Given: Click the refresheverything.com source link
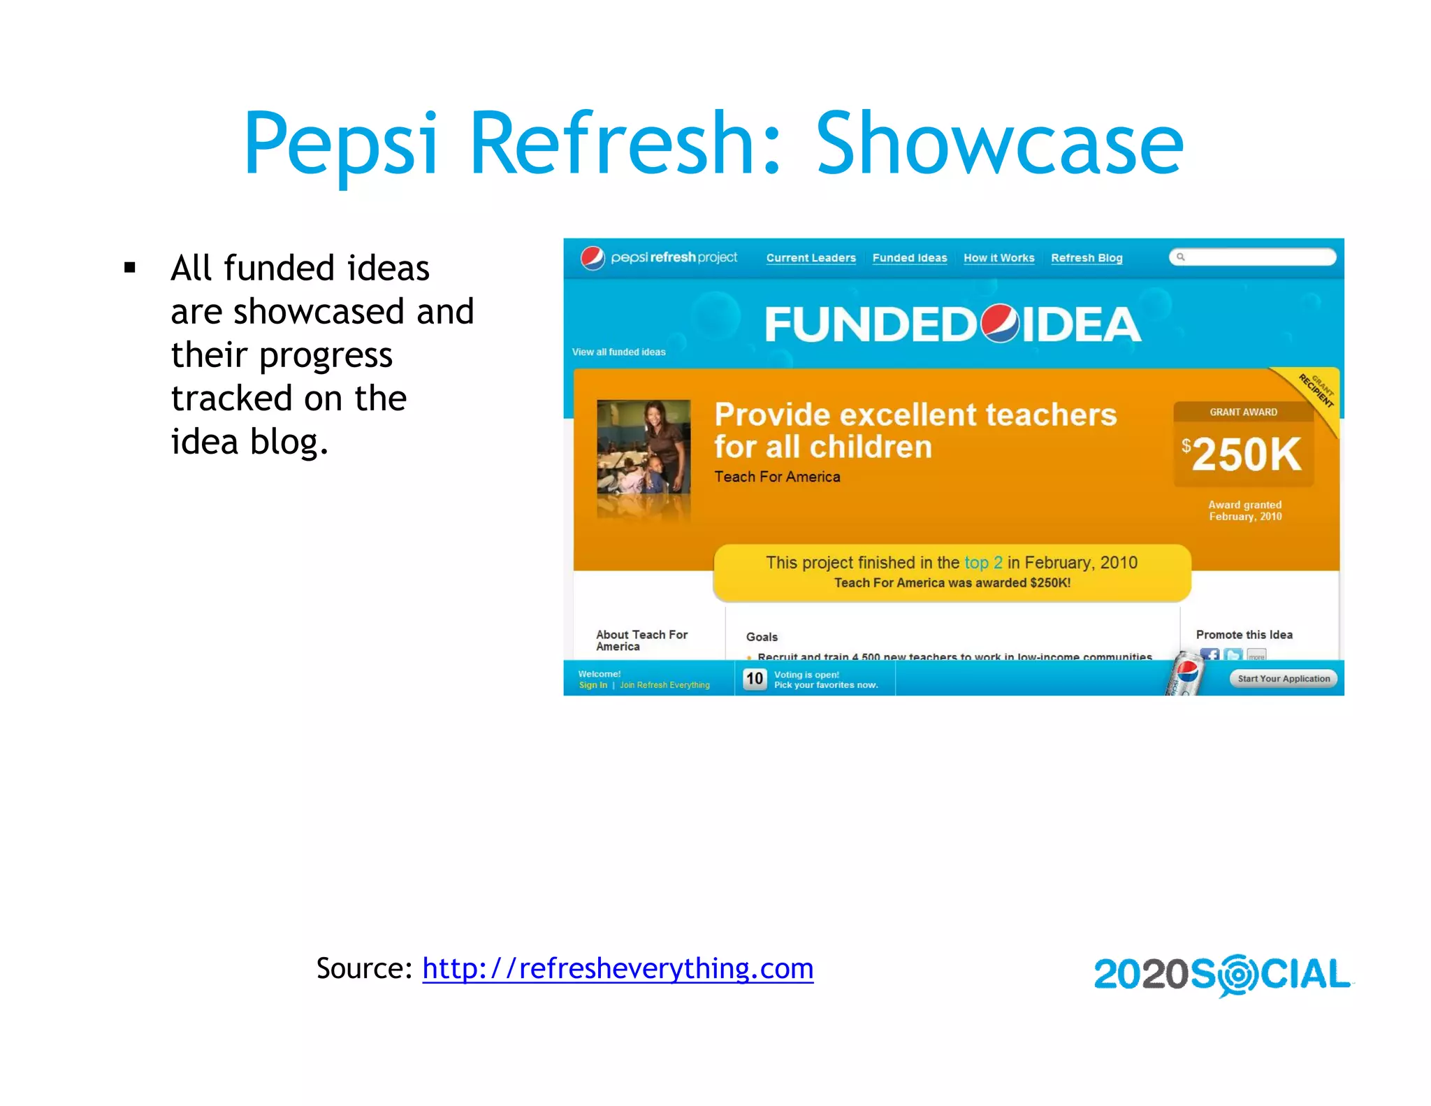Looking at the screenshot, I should [618, 968].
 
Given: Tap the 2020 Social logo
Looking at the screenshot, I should [1221, 974].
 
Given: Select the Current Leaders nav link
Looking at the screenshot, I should [811, 258].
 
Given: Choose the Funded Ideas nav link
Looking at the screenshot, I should [909, 258].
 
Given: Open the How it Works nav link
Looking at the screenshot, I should [998, 258].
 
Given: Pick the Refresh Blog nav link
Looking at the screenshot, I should [1087, 258].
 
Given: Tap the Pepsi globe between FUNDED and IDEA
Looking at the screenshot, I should [1000, 324].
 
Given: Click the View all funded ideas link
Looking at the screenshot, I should [618, 352].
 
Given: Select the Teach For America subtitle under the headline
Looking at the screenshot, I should [777, 477].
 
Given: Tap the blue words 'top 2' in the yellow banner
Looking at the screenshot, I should [983, 563].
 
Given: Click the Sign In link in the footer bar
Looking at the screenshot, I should [593, 685].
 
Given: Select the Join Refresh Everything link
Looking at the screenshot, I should [664, 685].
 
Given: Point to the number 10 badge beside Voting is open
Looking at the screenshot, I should [754, 679].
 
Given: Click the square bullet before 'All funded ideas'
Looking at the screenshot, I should [130, 268].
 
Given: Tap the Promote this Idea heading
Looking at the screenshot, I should [1244, 635].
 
